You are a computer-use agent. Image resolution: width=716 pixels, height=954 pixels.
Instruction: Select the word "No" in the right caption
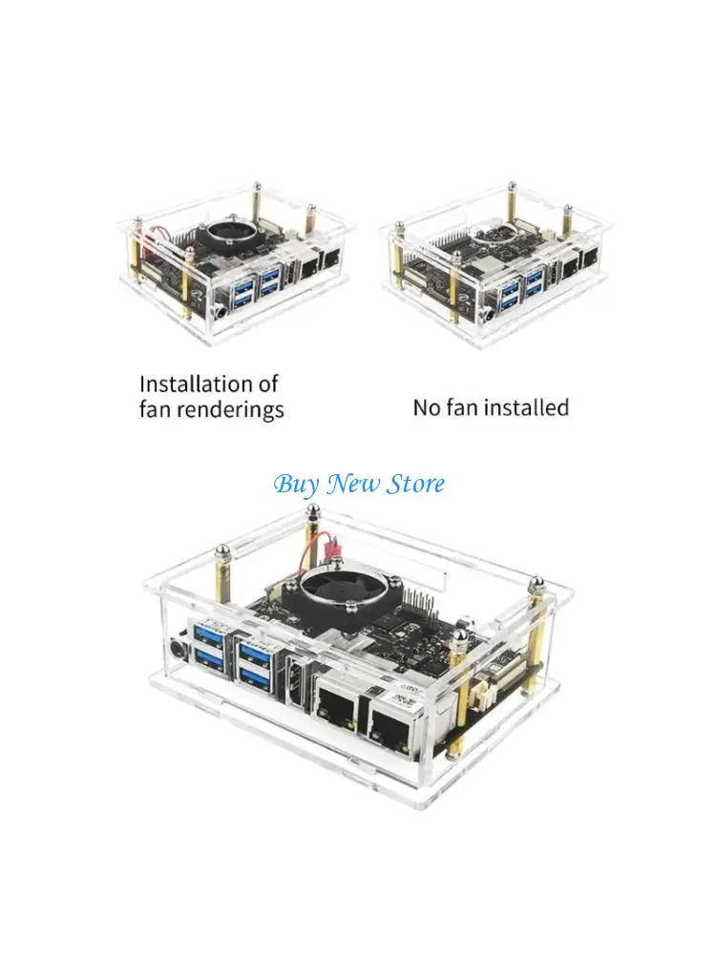click(425, 408)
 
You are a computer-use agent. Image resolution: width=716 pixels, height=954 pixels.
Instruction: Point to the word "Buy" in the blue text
click(296, 484)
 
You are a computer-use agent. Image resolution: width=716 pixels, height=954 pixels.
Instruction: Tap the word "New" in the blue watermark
click(353, 484)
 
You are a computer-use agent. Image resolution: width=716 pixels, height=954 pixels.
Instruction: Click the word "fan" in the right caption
click(467, 408)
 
